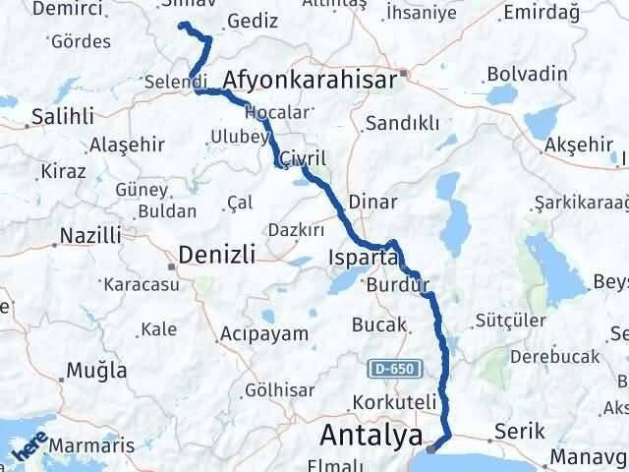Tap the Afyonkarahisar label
[309, 80]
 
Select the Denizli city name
[216, 256]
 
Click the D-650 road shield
[394, 370]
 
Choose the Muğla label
[96, 371]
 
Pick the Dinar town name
[374, 202]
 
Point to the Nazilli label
[90, 236]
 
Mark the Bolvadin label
[526, 75]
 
